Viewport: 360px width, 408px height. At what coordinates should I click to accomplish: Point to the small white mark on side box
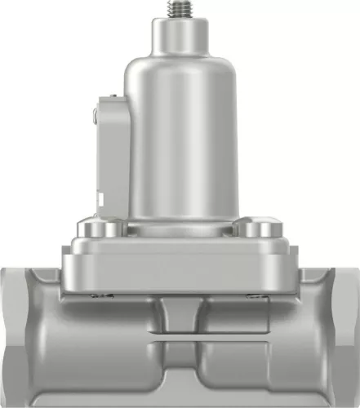[100, 198]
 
